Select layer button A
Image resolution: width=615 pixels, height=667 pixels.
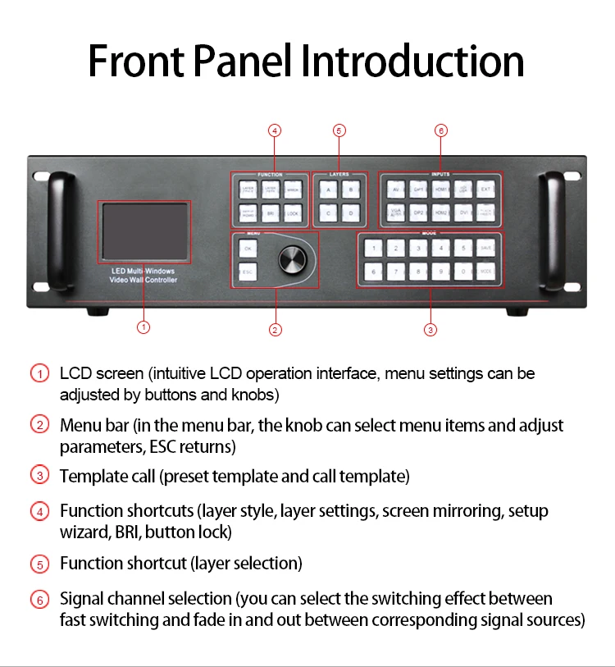pyautogui.click(x=328, y=190)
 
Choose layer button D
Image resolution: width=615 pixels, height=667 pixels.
pyautogui.click(x=351, y=213)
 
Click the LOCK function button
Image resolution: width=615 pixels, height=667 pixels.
pyautogui.click(x=293, y=213)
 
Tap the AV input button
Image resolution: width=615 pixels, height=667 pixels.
pyautogui.click(x=396, y=190)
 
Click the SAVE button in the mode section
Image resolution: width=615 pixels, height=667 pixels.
pyautogui.click(x=485, y=248)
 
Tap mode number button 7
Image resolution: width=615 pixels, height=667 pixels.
pyautogui.click(x=395, y=271)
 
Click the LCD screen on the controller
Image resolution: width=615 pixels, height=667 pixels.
pyautogui.click(x=145, y=231)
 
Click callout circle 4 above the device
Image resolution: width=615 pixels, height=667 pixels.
pyautogui.click(x=276, y=130)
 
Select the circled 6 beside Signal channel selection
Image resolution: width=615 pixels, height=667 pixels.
pyautogui.click(x=40, y=600)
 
